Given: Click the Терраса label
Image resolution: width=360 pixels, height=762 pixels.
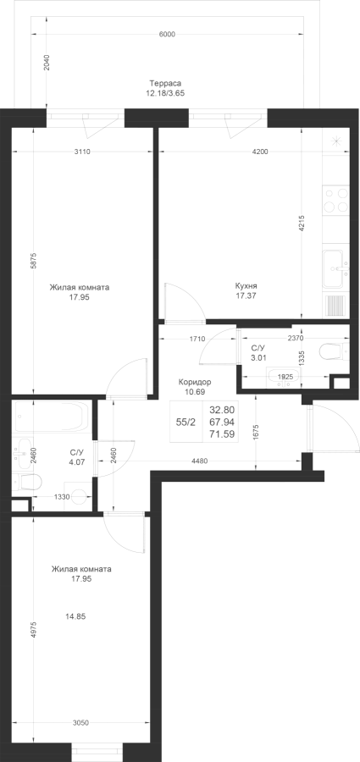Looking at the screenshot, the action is [162, 83].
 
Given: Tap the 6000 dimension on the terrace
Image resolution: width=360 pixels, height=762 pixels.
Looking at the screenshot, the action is [166, 34].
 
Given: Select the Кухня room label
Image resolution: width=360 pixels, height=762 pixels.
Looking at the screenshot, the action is [246, 286].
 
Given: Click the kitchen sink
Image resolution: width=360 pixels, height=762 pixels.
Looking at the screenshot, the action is [336, 269].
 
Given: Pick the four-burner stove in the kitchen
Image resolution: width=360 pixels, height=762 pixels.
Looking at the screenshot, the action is [336, 199].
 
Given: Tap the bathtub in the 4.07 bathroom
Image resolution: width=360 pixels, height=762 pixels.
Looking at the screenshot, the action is [53, 417].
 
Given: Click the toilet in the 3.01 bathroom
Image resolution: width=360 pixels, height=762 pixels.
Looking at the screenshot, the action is [335, 350].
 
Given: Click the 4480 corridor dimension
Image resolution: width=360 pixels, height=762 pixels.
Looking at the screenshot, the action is [199, 461].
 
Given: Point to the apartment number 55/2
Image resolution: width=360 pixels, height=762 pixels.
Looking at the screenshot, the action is [186, 422].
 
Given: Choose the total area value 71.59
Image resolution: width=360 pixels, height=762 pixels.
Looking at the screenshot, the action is [222, 434].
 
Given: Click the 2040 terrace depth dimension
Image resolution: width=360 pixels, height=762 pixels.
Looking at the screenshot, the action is [47, 63].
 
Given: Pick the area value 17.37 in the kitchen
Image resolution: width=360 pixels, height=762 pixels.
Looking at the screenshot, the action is [246, 295].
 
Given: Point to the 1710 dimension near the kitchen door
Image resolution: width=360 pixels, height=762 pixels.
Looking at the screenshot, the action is [197, 339].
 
